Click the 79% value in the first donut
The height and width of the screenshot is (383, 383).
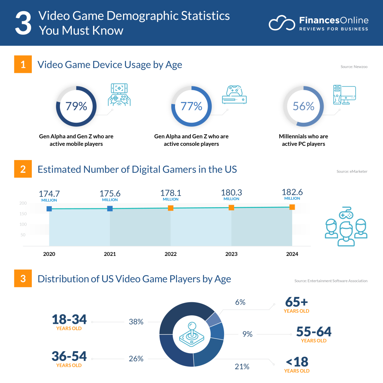coord(76,106)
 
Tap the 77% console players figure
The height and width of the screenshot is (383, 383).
coord(191,106)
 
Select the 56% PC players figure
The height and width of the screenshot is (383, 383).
coord(303,106)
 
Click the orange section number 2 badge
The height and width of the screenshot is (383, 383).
coord(23,169)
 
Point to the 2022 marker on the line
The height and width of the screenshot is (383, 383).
coord(171,208)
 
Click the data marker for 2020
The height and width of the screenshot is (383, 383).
coord(49,209)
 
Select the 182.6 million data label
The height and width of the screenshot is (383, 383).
coord(292,194)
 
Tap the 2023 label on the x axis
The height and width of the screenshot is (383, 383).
coord(231,254)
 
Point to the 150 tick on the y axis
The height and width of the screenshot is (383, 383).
coord(23,214)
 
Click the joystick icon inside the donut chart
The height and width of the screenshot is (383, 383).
coord(191,333)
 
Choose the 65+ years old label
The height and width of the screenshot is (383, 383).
coord(297,305)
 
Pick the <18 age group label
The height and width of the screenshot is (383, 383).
coord(297,365)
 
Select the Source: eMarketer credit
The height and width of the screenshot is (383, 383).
coord(352,172)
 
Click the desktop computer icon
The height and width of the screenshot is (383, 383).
coord(344,95)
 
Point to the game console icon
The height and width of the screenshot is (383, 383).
coord(235,94)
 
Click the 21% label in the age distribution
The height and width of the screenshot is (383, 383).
coord(242,367)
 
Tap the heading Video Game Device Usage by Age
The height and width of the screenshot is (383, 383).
coord(110,65)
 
